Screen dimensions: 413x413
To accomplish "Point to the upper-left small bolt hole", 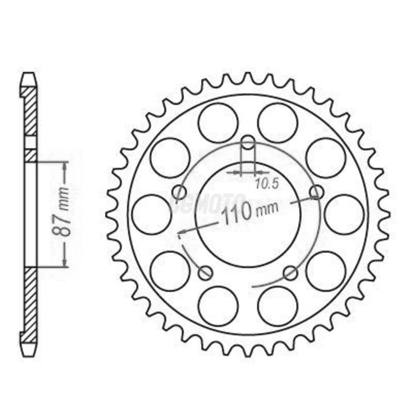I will click(179, 192).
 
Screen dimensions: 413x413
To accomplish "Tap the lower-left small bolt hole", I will click(205, 273).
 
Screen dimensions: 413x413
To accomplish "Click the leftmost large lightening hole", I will click(151, 214).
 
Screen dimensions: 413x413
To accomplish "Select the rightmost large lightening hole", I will click(344, 214).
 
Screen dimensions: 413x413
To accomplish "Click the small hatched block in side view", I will click(31, 156).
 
